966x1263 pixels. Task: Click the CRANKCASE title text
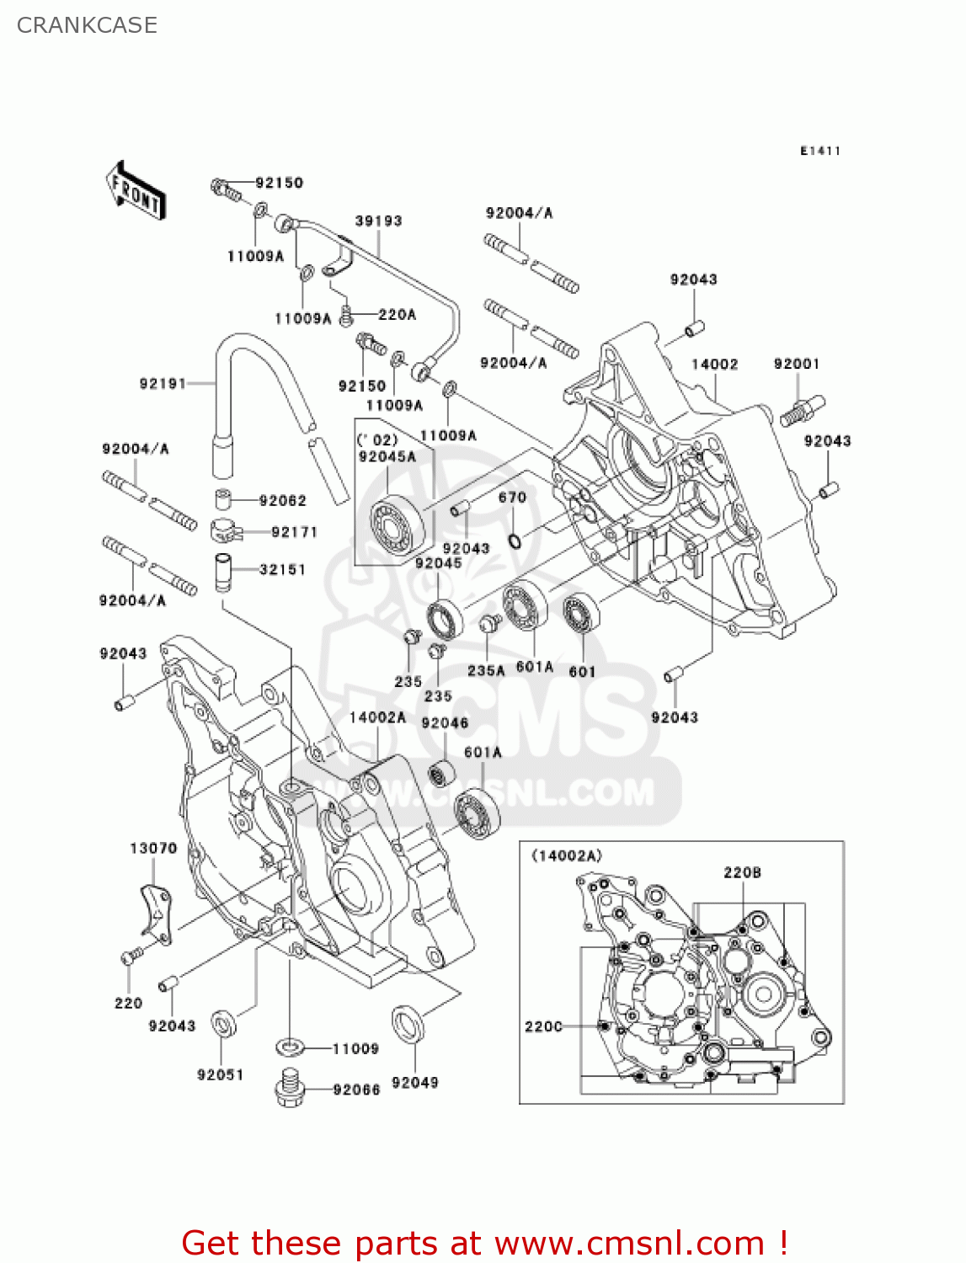pyautogui.click(x=87, y=25)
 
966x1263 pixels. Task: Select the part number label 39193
pyautogui.click(x=378, y=221)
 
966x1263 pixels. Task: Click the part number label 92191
pyautogui.click(x=162, y=384)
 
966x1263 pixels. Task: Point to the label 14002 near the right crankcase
pyautogui.click(x=714, y=364)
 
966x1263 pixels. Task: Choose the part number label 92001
pyautogui.click(x=796, y=364)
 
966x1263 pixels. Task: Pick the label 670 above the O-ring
pyautogui.click(x=512, y=498)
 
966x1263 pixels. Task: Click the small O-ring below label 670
pyautogui.click(x=514, y=539)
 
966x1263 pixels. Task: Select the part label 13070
pyautogui.click(x=153, y=848)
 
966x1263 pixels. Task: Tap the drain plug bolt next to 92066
pyautogui.click(x=290, y=1088)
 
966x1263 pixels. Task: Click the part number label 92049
pyautogui.click(x=414, y=1083)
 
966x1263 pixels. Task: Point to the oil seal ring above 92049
pyautogui.click(x=408, y=1024)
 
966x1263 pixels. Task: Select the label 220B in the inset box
pyautogui.click(x=742, y=872)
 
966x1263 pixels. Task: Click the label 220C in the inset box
pyautogui.click(x=543, y=1026)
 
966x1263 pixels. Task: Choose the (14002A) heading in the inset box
pyautogui.click(x=567, y=855)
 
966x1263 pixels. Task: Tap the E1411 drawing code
pyautogui.click(x=819, y=151)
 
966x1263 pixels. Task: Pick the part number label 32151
pyautogui.click(x=282, y=569)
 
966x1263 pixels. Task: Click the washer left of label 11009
pyautogui.click(x=291, y=1047)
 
